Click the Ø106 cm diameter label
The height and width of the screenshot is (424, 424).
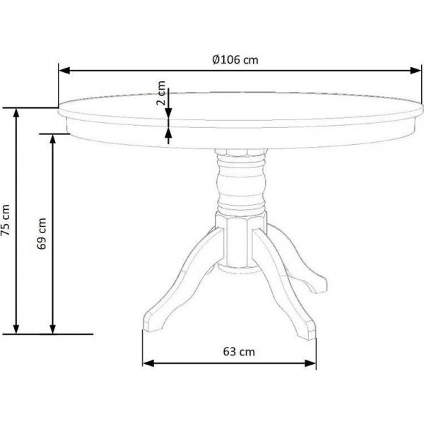[235, 59]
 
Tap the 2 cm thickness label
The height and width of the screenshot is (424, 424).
[161, 91]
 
